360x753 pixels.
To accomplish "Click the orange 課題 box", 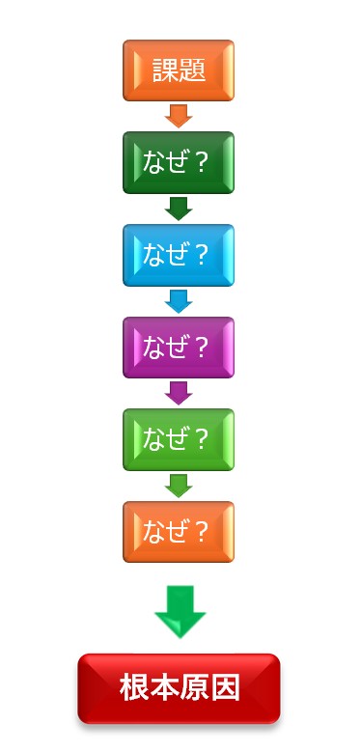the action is coord(179,70).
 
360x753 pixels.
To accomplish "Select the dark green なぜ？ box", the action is coord(179,163).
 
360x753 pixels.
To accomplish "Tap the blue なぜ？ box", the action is coord(179,255).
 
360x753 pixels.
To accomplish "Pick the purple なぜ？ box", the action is coord(179,348).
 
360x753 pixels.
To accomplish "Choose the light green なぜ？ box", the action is coord(179,439).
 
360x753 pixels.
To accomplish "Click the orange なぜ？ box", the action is coord(179,532).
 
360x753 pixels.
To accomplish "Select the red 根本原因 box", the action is coord(179,688).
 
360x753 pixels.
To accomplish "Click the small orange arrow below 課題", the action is coord(179,116).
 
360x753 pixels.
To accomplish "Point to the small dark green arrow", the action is coord(179,209).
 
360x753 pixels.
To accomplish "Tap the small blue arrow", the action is coord(179,301).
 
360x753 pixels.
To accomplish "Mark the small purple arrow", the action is coord(179,393).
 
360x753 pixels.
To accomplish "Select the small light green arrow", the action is coord(179,486).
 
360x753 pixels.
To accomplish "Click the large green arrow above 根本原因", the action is coord(180,612).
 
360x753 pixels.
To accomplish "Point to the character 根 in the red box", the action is coord(134,687).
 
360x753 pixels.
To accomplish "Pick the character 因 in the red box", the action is coord(225,687).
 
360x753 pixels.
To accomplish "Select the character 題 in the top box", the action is coord(192,70).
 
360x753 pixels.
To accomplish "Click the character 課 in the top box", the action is coord(166,70).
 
